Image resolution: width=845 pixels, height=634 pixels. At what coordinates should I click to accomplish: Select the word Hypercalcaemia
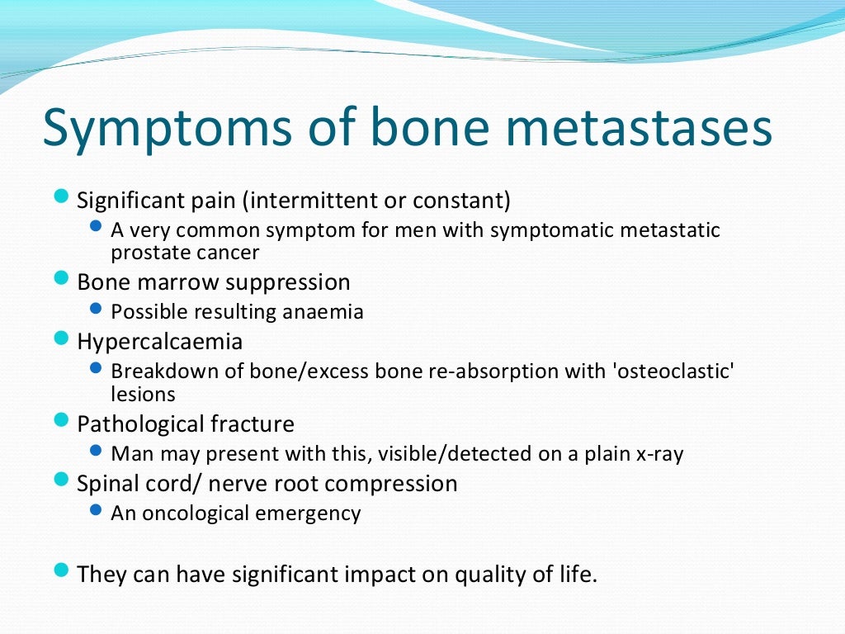coord(160,341)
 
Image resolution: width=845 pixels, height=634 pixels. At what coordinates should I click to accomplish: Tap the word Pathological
coord(136,424)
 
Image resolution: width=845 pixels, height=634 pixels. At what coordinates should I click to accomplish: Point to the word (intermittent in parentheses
coord(301,201)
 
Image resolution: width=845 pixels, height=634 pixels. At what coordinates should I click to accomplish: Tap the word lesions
coord(143,395)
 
